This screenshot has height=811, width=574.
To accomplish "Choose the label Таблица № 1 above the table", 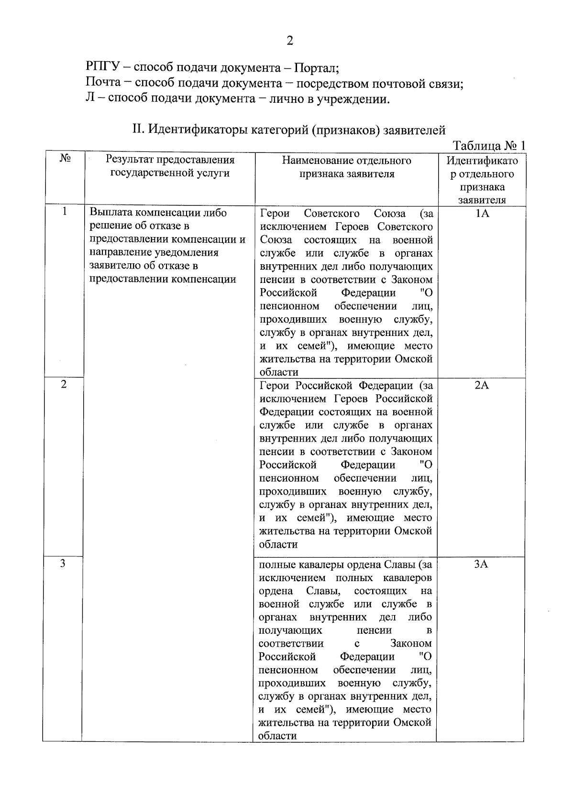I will coord(489,146).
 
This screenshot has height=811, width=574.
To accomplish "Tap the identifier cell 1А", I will coord(482,213).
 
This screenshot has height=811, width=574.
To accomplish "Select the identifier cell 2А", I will coord(482,385).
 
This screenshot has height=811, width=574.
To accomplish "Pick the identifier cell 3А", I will coord(481,564).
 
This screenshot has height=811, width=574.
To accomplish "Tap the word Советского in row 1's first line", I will coord(331,213).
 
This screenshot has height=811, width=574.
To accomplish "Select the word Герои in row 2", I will coord(275,385).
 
